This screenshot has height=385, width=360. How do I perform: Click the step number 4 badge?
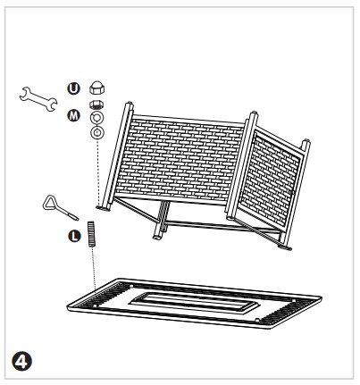[x=21, y=361]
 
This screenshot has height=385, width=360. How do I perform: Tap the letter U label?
[x=73, y=88]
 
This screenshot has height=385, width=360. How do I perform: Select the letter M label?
[x=73, y=115]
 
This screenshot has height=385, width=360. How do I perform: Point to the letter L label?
[x=74, y=237]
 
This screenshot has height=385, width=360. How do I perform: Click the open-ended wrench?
[x=38, y=99]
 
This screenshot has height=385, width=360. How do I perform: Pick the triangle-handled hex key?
[x=60, y=207]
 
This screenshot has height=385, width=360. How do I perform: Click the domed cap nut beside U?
[x=97, y=88]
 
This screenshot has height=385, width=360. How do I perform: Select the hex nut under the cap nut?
[x=96, y=105]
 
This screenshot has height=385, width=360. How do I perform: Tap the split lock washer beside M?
[x=97, y=117]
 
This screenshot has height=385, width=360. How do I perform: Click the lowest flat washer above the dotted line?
[x=97, y=132]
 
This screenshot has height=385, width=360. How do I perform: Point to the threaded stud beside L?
[x=91, y=233]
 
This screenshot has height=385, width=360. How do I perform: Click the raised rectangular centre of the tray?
[x=194, y=303]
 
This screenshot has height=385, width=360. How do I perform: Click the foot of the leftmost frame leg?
[x=103, y=208]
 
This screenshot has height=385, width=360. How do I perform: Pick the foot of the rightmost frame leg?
[x=285, y=247]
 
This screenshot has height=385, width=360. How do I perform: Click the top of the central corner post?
[x=254, y=114]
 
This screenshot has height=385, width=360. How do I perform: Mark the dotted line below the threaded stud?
[x=93, y=268]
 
